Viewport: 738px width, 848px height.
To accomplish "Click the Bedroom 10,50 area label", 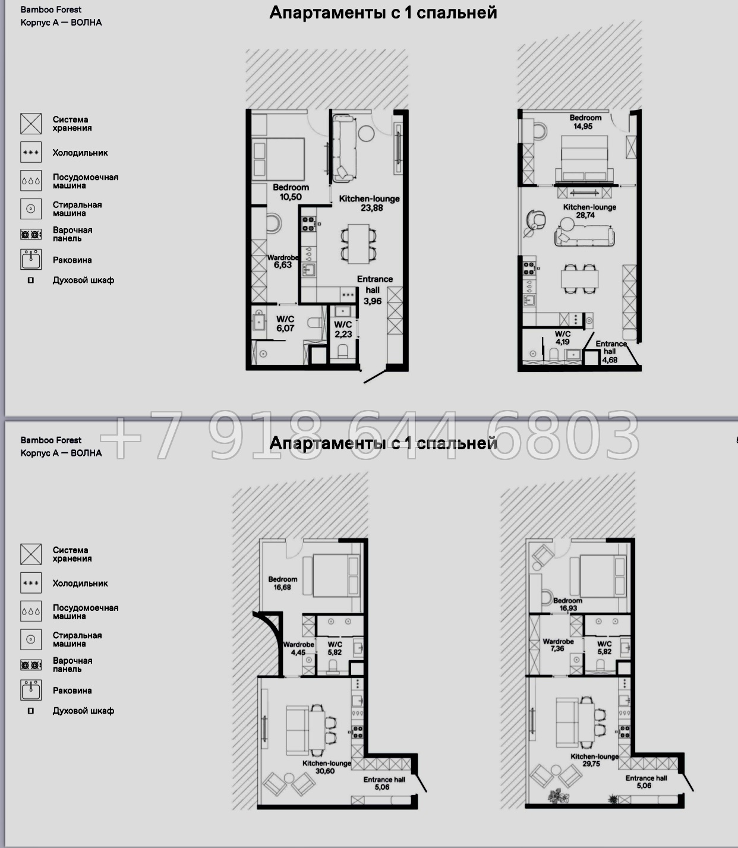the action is (291, 193).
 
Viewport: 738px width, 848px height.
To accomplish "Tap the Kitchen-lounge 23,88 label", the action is (369, 203).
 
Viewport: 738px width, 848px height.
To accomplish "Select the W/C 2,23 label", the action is (343, 329).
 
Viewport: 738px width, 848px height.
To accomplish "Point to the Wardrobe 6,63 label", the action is (283, 261).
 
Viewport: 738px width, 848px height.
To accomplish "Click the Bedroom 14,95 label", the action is (585, 122).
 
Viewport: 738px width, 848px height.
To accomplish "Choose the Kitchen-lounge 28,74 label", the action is (589, 211).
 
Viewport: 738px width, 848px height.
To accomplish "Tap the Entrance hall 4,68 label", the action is (611, 351).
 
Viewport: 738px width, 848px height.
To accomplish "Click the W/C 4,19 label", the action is (563, 338).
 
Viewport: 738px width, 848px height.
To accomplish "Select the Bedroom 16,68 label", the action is (283, 583).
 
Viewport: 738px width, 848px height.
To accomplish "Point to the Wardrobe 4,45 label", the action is (298, 648).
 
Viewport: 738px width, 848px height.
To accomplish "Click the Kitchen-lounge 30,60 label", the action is (327, 767).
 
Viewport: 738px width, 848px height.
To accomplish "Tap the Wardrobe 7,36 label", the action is (558, 645).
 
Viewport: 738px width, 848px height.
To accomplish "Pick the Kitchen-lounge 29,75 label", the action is (594, 759).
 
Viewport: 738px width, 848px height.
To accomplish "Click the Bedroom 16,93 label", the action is (567, 604).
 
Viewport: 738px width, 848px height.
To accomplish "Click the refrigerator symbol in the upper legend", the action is (31, 152).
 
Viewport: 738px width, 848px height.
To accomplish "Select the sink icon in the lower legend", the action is (31, 690).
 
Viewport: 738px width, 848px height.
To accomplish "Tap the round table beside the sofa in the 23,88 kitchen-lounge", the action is (366, 134).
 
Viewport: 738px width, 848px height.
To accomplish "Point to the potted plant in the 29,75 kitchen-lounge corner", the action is (557, 796).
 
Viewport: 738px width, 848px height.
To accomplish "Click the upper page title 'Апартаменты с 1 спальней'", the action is (383, 13).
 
